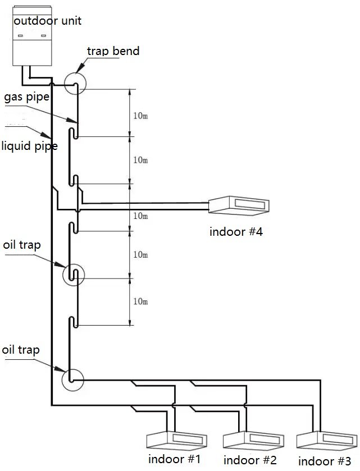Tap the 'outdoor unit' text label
coord(48,21)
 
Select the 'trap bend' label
coord(113,51)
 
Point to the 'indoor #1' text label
coord(175,459)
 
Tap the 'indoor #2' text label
coord(250,460)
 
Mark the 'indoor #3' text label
coord(325,461)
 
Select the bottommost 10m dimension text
coord(140,301)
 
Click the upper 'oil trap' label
coord(22,245)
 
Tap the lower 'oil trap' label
coord(21,350)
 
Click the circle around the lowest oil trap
coord(73,379)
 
